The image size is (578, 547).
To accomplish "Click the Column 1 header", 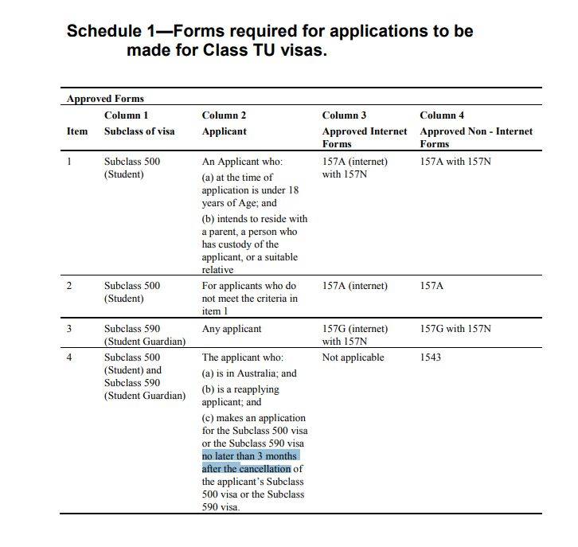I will click(127, 115).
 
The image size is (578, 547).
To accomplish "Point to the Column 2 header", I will click(225, 115).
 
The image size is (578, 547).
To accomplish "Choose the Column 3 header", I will click(344, 115).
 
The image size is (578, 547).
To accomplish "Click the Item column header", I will click(76, 131).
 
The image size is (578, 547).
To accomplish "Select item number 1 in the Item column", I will click(69, 162).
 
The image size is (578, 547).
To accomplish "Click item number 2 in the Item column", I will click(69, 286).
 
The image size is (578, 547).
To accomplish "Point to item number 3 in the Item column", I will click(69, 329).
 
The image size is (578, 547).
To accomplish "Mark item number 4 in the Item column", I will click(69, 358).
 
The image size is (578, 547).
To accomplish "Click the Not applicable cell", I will click(353, 358).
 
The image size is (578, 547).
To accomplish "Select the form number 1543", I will click(432, 358).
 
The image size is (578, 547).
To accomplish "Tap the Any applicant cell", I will click(232, 329).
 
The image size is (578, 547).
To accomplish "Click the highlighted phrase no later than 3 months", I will click(250, 456).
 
